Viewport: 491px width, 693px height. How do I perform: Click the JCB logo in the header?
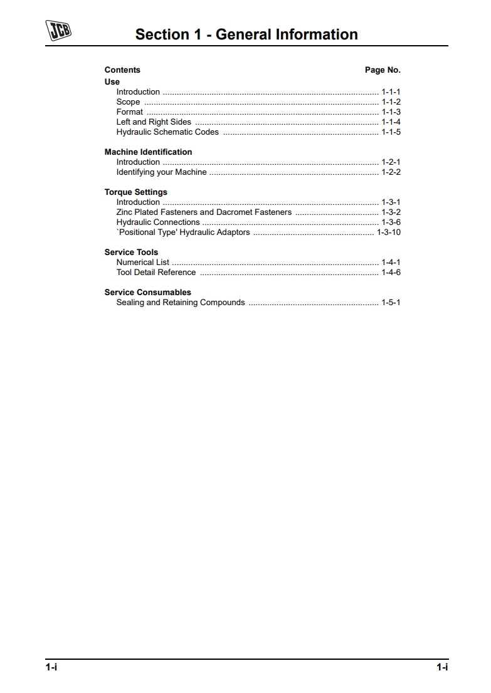tap(58, 31)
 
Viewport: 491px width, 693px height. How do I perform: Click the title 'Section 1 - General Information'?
tap(246, 34)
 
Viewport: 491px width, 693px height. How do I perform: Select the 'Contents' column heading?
tap(122, 70)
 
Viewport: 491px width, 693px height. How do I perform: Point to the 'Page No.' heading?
tap(383, 70)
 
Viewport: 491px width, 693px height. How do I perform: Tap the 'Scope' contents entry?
tap(128, 102)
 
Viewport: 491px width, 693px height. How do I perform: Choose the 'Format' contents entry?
tap(129, 112)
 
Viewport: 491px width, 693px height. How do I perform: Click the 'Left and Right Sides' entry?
tap(154, 122)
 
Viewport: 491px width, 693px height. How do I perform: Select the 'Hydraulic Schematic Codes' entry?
tap(167, 132)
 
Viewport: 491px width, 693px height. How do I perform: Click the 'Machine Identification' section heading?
tap(148, 152)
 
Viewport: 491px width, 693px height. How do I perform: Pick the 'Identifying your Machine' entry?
tap(161, 172)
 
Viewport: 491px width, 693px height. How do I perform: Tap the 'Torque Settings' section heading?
tap(135, 192)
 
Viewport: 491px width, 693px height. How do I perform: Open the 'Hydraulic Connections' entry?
tap(158, 222)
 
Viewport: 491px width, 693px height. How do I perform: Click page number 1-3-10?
tap(389, 232)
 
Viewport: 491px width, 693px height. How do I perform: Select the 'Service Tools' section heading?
tap(131, 253)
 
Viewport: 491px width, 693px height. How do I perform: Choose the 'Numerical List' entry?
tap(143, 263)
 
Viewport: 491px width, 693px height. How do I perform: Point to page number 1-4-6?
tap(391, 273)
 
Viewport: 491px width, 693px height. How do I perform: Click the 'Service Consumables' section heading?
tap(147, 293)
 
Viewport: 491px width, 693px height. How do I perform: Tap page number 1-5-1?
tap(391, 303)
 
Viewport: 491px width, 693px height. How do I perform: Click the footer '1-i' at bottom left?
tap(51, 667)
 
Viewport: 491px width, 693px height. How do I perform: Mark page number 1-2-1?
tap(391, 162)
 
